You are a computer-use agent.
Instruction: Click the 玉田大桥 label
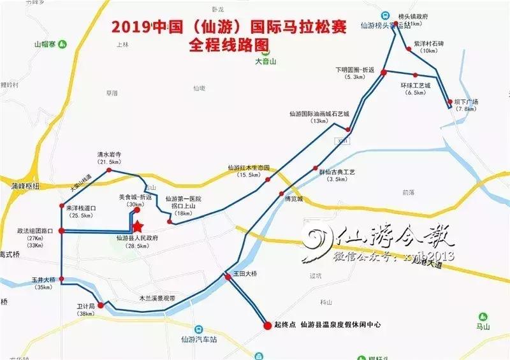click(245, 274)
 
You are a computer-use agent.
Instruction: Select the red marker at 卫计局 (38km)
click(101, 305)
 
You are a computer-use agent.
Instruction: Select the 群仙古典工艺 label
click(337, 172)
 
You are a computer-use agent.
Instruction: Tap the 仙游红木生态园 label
click(249, 168)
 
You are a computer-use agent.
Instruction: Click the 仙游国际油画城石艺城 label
click(319, 113)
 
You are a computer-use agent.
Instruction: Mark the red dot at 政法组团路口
click(61, 231)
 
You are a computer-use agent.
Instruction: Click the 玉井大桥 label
click(45, 279)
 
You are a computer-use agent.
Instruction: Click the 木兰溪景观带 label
click(157, 298)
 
